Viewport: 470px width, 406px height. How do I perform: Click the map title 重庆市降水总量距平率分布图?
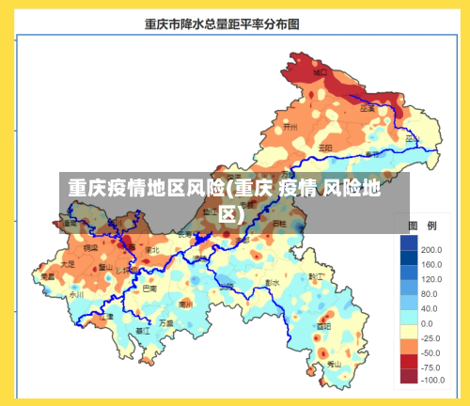click(x=223, y=24)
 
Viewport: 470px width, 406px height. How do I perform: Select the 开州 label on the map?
click(x=290, y=126)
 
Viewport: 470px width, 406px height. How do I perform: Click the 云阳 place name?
click(x=325, y=148)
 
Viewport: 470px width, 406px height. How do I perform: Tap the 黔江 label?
click(x=316, y=275)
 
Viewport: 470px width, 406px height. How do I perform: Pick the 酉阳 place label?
click(x=325, y=325)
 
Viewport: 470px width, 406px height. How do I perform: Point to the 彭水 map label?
click(x=273, y=282)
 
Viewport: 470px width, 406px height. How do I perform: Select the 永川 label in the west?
click(x=76, y=294)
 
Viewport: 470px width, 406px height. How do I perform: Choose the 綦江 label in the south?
click(x=143, y=331)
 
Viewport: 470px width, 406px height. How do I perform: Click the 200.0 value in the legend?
click(x=431, y=250)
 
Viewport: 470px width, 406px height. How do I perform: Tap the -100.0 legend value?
click(x=431, y=381)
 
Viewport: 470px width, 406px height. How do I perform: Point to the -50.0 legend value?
click(x=431, y=351)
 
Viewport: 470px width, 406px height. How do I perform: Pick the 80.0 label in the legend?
click(x=429, y=293)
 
